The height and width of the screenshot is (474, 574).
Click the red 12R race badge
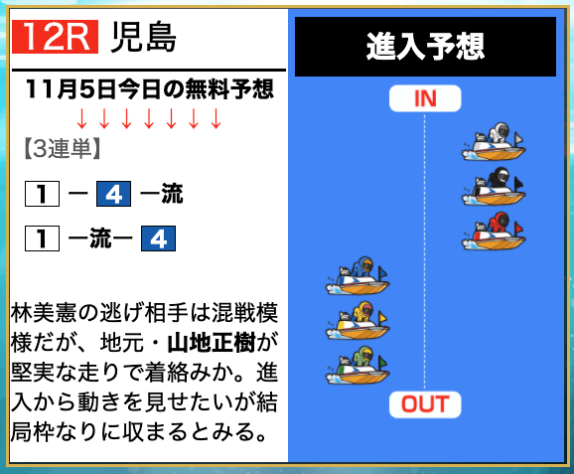[55, 37]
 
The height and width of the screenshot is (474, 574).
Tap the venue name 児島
[143, 37]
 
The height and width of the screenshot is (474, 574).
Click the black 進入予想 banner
[425, 47]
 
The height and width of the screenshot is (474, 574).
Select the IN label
[425, 98]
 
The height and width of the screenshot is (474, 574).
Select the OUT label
[425, 404]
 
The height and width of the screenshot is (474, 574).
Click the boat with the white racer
[494, 142]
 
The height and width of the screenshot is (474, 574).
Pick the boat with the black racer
[494, 187]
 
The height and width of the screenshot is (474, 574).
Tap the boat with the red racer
[494, 232]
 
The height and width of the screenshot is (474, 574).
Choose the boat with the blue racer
[358, 276]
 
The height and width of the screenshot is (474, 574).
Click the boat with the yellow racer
[358, 321]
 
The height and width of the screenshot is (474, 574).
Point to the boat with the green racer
[358, 366]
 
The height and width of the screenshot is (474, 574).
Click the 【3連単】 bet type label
[63, 149]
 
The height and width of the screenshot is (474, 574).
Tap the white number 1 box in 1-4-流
[42, 194]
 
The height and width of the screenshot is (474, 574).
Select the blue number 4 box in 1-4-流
[113, 194]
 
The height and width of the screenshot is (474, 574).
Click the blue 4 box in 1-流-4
[158, 238]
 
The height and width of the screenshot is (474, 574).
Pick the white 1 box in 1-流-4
[42, 238]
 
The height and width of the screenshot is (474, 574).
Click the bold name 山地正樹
[212, 344]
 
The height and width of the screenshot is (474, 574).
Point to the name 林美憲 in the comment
[43, 314]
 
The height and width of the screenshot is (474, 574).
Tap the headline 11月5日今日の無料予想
[150, 89]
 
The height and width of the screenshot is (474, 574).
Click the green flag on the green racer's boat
[382, 363]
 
